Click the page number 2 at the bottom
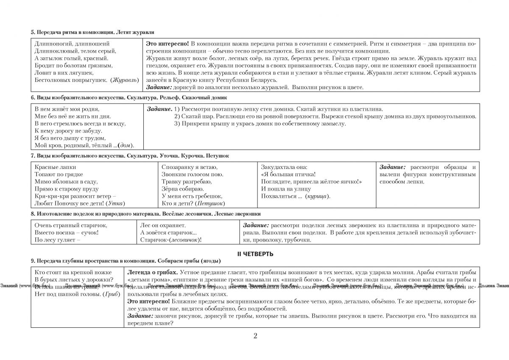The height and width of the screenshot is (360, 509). (255, 336)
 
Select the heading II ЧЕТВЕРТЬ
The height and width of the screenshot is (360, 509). (255, 254)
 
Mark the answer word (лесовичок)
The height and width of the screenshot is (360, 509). (183, 240)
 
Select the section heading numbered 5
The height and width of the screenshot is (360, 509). (93, 32)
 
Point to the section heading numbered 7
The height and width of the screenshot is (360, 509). (130, 156)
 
